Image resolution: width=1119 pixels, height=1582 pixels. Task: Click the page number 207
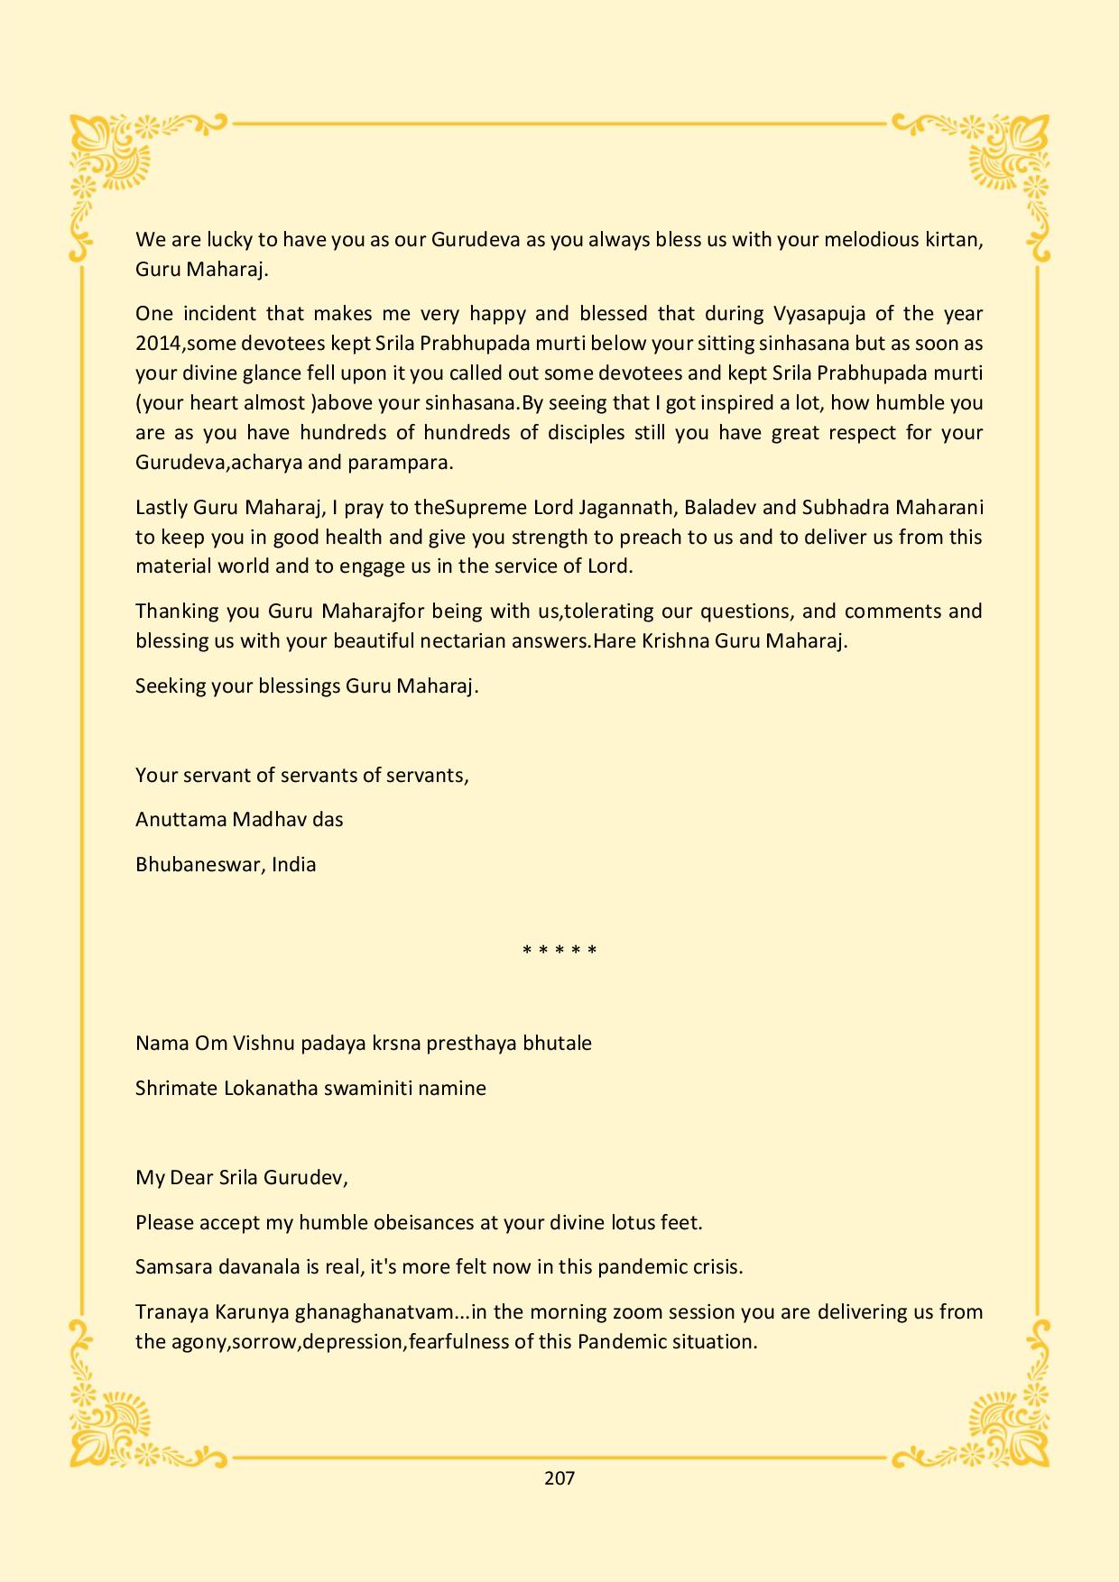559,1478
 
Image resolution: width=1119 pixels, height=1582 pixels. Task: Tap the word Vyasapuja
816,314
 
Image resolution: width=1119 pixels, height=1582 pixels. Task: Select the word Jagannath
626,508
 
